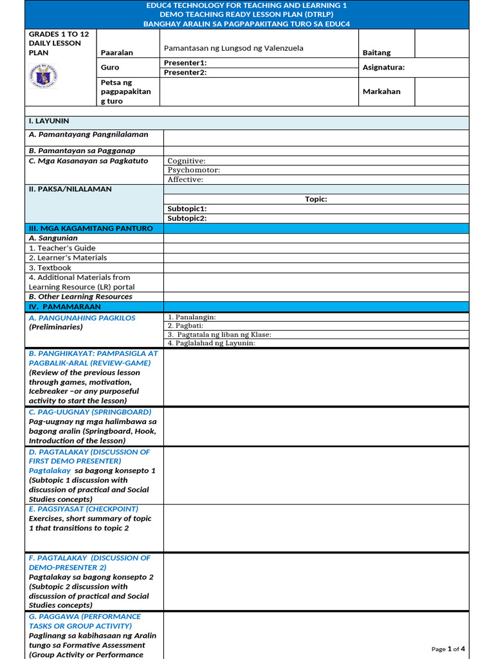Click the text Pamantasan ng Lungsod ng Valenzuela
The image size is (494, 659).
pos(233,48)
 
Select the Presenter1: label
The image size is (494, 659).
pos(185,62)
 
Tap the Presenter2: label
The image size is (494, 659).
pos(185,73)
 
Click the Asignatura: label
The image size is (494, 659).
pos(383,68)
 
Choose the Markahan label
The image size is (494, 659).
pos(381,91)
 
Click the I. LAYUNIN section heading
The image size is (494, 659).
pos(49,121)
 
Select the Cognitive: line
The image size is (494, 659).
pos(187,161)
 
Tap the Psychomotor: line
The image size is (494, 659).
pos(194,170)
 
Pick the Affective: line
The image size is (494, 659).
pos(185,180)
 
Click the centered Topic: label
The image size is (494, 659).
pos(316,199)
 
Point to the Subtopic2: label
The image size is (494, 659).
pos(187,218)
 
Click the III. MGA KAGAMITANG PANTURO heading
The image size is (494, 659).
pos(91,228)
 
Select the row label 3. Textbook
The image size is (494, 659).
pos(50,268)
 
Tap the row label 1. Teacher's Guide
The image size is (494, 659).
pos(62,248)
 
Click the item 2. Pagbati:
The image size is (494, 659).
pos(185,326)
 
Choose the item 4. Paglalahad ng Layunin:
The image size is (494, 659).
pos(212,343)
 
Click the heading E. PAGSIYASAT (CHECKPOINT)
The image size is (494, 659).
pos(84,508)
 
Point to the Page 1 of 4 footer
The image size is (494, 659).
pos(448,649)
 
